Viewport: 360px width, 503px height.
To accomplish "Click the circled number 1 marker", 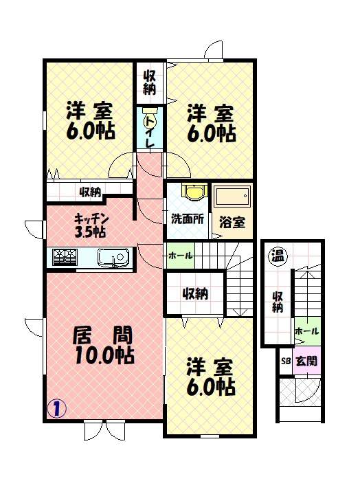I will coord(56,407).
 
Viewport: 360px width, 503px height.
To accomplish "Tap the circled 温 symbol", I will coord(278,255).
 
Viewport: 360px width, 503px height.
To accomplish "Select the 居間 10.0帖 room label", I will coord(103,346).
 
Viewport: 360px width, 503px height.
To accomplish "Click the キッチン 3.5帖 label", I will coord(90,225).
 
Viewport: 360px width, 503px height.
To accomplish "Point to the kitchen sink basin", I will coord(112,258).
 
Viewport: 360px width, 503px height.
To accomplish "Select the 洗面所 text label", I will coord(187,220).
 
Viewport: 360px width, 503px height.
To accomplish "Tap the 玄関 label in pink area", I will coord(306,361).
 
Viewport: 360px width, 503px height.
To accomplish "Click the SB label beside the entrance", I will coord(285,361).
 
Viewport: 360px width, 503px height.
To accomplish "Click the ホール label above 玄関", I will coord(306,332).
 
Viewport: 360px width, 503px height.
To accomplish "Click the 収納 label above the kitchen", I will coord(91,192).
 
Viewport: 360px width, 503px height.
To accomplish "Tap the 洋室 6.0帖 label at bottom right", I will coord(211,377).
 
